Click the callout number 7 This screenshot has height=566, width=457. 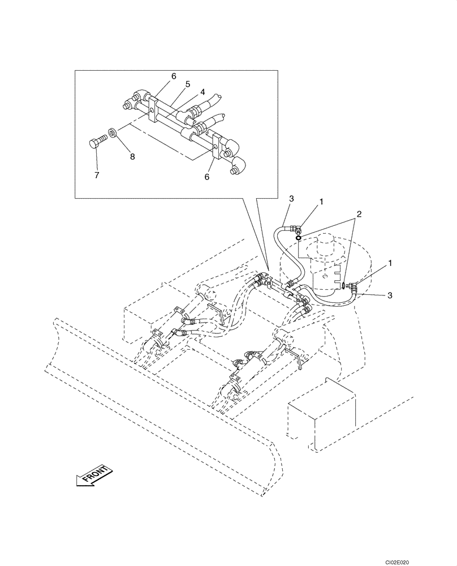[97, 175]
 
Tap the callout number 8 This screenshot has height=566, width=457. [132, 157]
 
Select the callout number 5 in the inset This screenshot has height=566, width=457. [188, 83]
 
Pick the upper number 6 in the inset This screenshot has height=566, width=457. [174, 76]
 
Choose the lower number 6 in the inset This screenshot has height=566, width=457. [207, 177]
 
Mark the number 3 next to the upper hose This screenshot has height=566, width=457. [291, 199]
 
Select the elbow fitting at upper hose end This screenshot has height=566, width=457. [295, 229]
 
